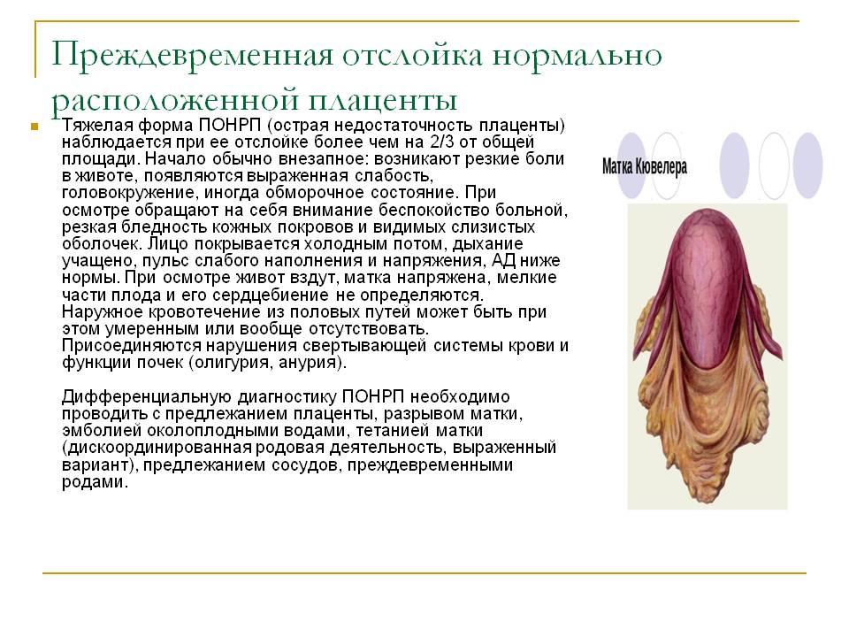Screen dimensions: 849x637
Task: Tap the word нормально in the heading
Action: pos(577,56)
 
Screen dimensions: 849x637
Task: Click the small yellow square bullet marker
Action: pos(34,127)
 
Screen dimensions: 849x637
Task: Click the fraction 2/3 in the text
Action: pos(443,142)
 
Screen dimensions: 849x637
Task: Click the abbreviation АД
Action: pos(503,260)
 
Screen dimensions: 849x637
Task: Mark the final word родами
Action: pos(95,482)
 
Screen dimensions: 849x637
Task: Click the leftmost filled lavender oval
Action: pos(632,165)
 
